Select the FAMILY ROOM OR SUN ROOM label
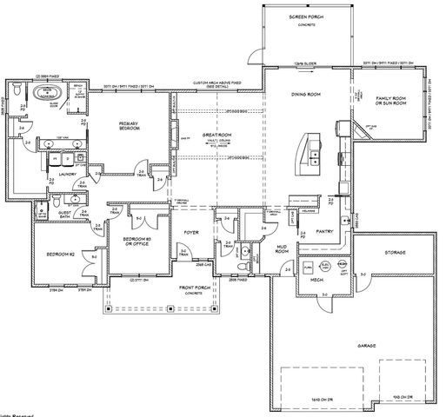[x=390, y=103]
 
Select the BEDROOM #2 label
[x=59, y=255]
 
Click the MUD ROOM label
[x=281, y=248]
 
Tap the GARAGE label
[x=365, y=346]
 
